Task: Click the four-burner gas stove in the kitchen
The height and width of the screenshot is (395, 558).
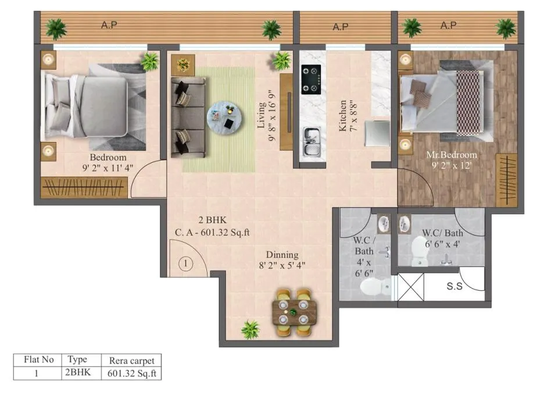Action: [311, 80]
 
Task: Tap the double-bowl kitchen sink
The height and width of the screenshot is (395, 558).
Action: [312, 141]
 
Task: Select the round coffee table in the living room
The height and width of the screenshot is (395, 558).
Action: [225, 118]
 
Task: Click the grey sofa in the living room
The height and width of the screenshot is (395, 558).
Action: [188, 117]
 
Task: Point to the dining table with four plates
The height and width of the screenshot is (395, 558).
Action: [294, 312]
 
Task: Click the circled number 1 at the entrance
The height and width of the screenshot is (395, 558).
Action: [185, 264]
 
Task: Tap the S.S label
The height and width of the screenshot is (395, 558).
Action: [455, 286]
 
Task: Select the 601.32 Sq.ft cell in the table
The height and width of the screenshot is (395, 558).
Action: [132, 373]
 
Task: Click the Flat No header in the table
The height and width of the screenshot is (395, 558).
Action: [39, 360]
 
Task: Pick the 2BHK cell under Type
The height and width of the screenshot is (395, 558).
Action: [78, 372]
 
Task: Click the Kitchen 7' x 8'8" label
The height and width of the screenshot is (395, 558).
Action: [348, 116]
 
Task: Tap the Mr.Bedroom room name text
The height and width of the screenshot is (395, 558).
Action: [452, 155]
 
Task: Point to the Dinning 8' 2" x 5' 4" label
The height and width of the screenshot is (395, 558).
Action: [282, 260]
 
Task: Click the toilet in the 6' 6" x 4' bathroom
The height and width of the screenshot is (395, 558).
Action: [420, 251]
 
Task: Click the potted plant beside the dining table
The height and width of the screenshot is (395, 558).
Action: [251, 329]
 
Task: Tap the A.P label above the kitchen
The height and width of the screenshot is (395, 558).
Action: [341, 27]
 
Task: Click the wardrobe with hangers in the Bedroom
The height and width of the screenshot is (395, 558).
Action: [84, 187]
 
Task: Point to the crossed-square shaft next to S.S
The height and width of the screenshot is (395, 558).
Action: [411, 287]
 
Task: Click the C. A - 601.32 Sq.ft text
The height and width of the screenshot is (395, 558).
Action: [212, 233]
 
